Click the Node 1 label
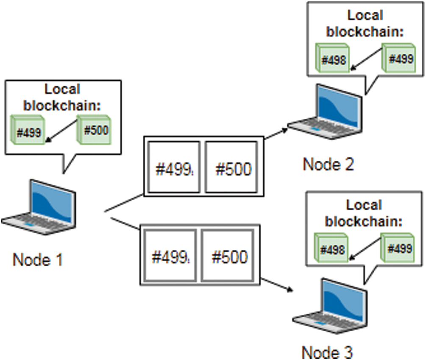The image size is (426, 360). click(x=38, y=260)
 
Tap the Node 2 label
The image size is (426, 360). click(x=328, y=164)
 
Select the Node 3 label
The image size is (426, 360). click(x=327, y=352)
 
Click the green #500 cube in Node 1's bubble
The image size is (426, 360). click(x=95, y=130)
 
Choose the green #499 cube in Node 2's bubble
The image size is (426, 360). click(x=399, y=58)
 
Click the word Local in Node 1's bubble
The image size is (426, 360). click(x=62, y=89)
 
